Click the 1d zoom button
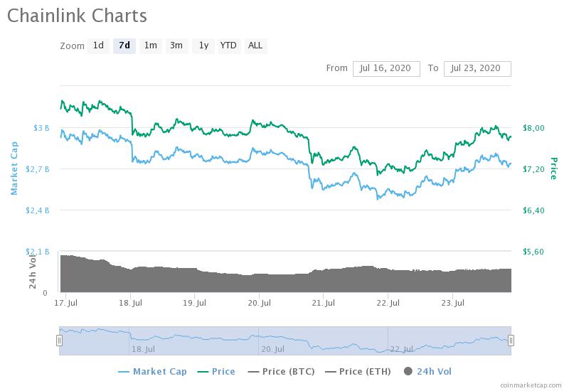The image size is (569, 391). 98,45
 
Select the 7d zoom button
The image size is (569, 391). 124,45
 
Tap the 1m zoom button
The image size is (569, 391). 150,45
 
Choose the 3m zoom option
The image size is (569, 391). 176,45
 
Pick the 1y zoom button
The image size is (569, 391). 203,45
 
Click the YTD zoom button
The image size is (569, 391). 228,45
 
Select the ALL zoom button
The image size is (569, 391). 255,45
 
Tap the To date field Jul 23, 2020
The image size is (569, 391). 477,68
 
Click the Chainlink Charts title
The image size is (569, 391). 78,16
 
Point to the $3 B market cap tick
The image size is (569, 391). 41,128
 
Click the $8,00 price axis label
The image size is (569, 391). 533,128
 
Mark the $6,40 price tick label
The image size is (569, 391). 533,210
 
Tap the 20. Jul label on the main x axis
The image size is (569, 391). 259,303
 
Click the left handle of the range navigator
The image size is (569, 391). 60,341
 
